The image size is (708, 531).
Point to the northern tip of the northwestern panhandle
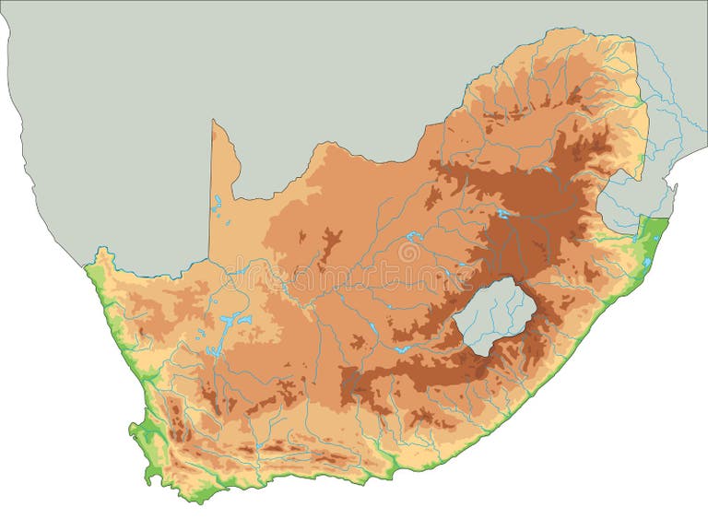(214, 122)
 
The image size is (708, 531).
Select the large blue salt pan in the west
(232, 322)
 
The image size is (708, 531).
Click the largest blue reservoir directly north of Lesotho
(502, 214)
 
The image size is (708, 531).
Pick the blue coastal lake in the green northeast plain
(647, 262)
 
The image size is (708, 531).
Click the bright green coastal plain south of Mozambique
(653, 237)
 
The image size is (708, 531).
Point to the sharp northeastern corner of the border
(634, 41)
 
